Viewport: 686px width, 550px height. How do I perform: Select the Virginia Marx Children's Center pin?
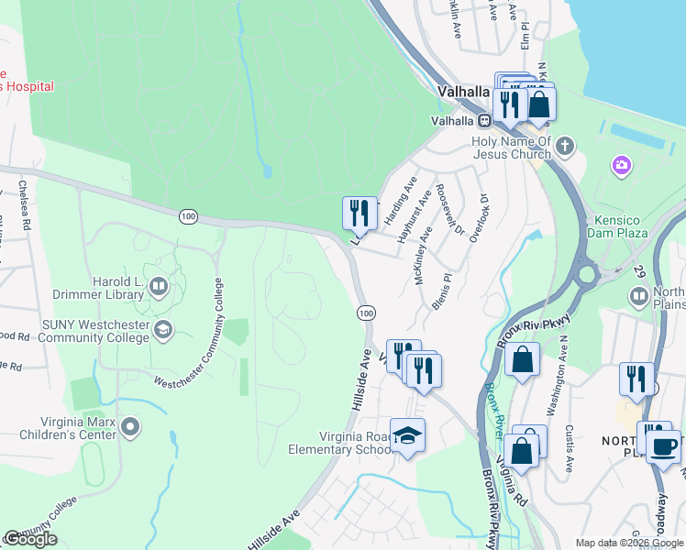[129, 427]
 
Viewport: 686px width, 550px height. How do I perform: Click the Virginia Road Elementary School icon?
[407, 435]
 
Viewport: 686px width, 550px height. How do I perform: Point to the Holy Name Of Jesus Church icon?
[566, 146]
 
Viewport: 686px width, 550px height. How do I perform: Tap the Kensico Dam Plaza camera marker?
[622, 165]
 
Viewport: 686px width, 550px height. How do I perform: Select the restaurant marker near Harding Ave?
[360, 213]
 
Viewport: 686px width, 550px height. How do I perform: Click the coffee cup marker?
[663, 446]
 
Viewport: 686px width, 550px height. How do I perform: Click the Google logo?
[30, 539]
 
